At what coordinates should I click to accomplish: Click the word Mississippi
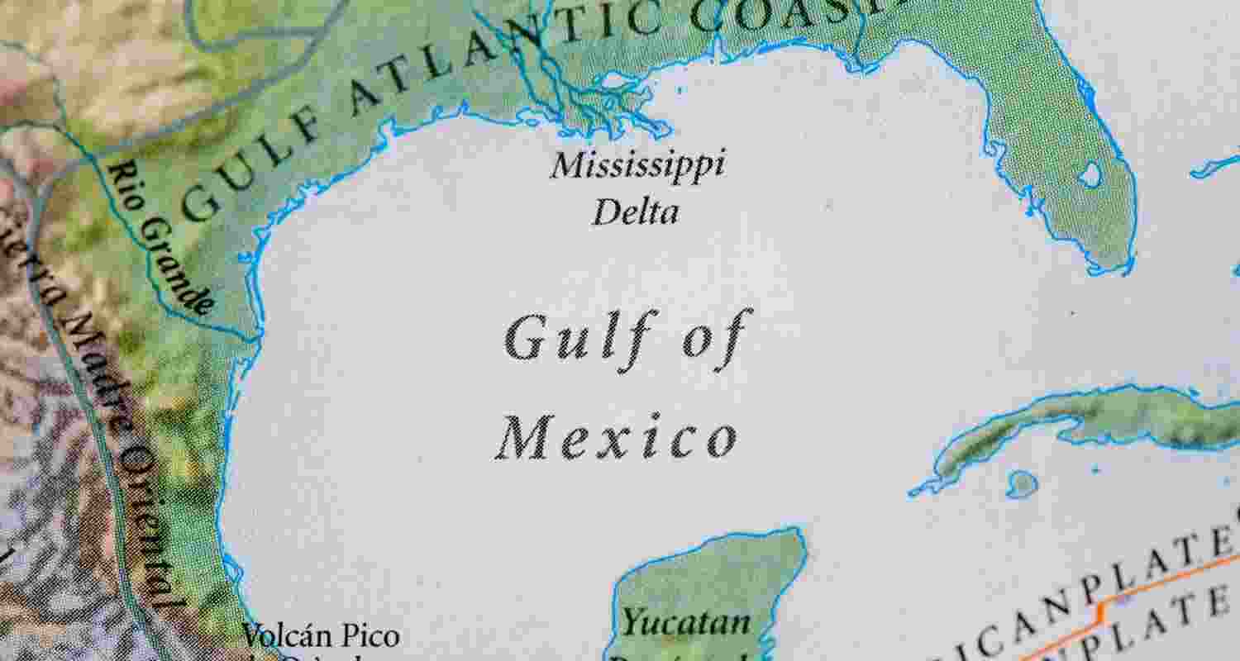pyautogui.click(x=637, y=165)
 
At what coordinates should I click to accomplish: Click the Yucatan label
pyautogui.click(x=686, y=621)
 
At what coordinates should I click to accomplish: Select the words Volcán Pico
pyautogui.click(x=320, y=636)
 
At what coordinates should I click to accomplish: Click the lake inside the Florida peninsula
pyautogui.click(x=1090, y=174)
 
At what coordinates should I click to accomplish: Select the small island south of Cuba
pyautogui.click(x=1023, y=483)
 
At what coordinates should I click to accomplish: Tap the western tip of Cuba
pyautogui.click(x=916, y=492)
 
